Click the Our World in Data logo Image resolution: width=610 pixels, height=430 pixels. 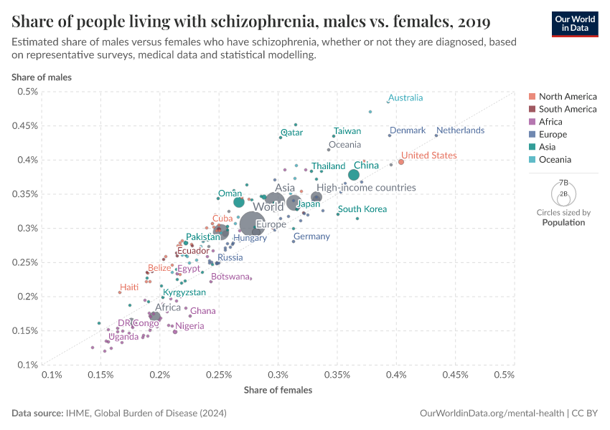click(574, 24)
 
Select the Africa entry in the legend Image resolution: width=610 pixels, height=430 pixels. click(550, 122)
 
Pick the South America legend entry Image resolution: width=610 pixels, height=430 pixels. click(567, 109)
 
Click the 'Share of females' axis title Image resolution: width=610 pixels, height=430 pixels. click(278, 390)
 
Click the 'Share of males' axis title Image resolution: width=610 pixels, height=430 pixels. click(41, 77)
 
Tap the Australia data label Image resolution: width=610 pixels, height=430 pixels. click(405, 98)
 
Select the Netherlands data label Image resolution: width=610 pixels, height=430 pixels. click(460, 130)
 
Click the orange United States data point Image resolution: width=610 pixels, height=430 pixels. click(401, 162)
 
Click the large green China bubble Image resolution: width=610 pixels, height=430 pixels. click(354, 175)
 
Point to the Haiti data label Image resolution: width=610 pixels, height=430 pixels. click(129, 287)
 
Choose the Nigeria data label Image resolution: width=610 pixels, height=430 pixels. click(189, 326)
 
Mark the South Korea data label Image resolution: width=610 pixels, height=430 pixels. click(362, 209)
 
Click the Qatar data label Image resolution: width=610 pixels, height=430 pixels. click(291, 133)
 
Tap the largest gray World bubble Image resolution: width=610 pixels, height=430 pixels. click(252, 225)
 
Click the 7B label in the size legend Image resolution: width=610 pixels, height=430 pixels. click(563, 183)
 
